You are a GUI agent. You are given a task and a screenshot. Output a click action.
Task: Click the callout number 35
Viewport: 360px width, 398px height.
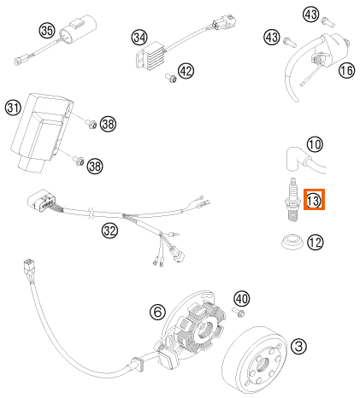47,30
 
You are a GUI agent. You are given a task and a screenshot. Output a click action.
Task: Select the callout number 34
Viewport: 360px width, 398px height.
139,38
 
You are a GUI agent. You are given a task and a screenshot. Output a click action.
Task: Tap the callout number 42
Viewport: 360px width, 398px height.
186,71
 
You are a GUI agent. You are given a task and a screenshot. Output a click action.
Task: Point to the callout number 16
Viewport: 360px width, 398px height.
347,70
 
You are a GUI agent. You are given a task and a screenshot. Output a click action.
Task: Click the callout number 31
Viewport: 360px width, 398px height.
14,108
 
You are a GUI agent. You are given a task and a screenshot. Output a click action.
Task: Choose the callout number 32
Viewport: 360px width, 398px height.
109,231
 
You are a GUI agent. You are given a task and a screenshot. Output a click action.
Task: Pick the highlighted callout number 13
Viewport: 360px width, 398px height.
314,200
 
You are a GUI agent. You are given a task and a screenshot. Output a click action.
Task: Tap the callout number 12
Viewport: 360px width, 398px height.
316,243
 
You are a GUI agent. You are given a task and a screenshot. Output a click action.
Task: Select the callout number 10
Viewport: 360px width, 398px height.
315,144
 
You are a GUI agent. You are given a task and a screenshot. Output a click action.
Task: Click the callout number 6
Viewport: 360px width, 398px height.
157,312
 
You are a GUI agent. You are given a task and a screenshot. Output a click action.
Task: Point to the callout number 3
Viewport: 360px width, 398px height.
298,346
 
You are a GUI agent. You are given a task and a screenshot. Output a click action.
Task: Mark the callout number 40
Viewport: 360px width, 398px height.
242,299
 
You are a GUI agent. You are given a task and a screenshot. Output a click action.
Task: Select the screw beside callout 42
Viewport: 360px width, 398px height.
171,78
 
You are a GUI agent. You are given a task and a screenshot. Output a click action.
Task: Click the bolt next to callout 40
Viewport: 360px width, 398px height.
239,313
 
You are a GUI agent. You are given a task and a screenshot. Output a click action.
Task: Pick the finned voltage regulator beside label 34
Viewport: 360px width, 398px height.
150,56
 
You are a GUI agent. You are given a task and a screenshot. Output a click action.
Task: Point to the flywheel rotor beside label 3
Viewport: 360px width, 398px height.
254,361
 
